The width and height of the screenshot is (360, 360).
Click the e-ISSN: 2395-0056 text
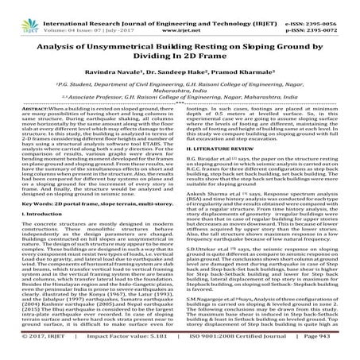[328, 6]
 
